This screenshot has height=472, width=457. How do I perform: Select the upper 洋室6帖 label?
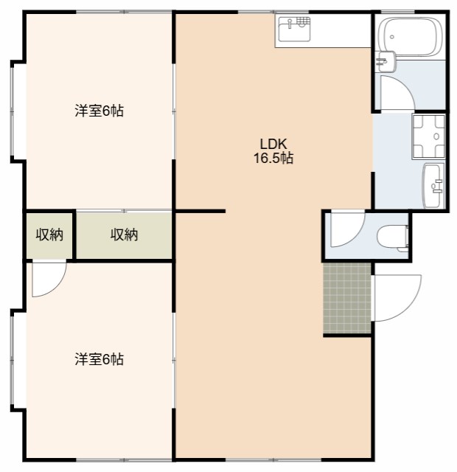click(99, 111)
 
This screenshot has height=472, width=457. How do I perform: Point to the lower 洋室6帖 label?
click(99, 360)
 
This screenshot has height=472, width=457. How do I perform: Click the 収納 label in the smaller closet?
click(49, 235)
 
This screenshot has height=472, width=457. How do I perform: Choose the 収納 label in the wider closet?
click(125, 235)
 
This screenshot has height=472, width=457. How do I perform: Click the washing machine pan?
click(428, 136)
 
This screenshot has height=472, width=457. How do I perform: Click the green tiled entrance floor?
click(347, 298)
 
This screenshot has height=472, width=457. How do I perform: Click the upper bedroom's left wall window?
click(13, 111)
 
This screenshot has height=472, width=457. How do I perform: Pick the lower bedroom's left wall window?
click(13, 360)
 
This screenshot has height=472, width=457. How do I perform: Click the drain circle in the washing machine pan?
click(437, 136)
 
